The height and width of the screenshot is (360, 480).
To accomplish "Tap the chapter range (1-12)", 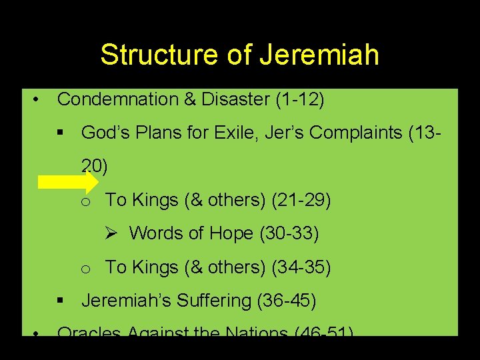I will point(299,99).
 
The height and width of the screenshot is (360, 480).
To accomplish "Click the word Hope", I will point(231,233).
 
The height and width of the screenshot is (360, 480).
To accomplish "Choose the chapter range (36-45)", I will point(286,301).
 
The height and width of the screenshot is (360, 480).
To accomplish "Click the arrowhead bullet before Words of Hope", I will point(111,233).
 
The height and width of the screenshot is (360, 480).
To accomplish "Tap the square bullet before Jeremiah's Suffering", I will point(62,301).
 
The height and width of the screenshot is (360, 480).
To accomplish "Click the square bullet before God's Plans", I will point(62,133).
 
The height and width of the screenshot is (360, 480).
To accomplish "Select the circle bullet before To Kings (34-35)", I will point(85,269).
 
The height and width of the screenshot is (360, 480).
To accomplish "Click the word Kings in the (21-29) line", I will point(158,199).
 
